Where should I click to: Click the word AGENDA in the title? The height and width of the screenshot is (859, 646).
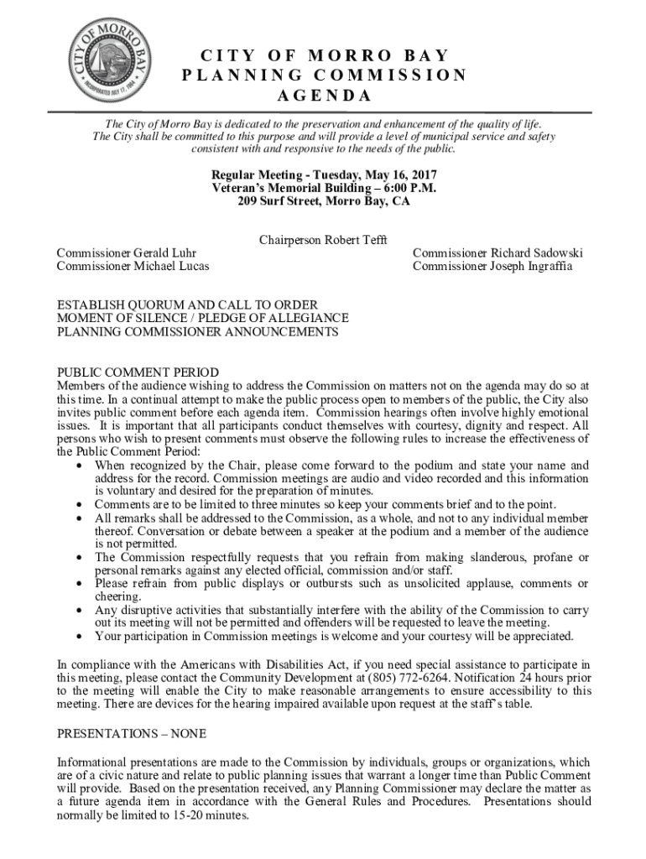pyautogui.click(x=323, y=95)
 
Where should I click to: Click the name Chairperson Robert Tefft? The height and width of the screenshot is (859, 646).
pyautogui.click(x=323, y=240)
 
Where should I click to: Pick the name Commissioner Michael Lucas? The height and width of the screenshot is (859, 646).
pyautogui.click(x=133, y=266)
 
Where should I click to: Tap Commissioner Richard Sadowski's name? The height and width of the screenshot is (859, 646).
pyautogui.click(x=498, y=252)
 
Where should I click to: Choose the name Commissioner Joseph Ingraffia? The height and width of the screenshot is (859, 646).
pyautogui.click(x=492, y=266)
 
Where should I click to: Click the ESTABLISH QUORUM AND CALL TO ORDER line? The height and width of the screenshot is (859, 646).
pyautogui.click(x=187, y=305)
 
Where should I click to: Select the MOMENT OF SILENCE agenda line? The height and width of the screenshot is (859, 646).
pyautogui.click(x=202, y=318)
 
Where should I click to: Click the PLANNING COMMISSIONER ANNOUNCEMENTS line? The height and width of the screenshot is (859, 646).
pyautogui.click(x=197, y=331)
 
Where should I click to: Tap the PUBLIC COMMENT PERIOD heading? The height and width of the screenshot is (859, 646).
pyautogui.click(x=138, y=372)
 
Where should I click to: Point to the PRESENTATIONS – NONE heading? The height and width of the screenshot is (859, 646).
pyautogui.click(x=131, y=733)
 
